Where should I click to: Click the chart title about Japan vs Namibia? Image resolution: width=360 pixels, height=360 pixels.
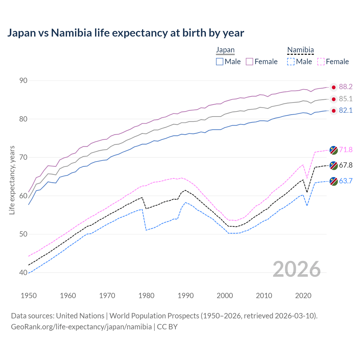tap(125, 33)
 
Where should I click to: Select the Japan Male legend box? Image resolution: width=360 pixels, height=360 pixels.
tap(220, 62)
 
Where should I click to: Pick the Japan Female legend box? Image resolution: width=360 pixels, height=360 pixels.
tap(250, 62)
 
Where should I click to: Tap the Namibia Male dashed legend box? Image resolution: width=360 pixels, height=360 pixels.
tap(291, 62)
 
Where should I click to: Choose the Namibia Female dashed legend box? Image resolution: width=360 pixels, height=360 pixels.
tap(321, 62)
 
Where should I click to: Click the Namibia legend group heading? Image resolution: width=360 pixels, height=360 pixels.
tap(300, 50)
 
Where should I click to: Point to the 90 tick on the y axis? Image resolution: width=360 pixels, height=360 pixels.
tap(23, 81)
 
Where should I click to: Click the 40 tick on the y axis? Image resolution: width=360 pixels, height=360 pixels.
tap(23, 273)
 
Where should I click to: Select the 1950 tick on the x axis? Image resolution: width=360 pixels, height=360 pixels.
tap(29, 296)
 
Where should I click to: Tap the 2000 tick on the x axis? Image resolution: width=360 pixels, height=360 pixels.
tap(225, 296)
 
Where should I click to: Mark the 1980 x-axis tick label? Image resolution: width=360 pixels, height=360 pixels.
tap(146, 296)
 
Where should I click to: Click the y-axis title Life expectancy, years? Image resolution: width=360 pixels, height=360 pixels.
tap(12, 180)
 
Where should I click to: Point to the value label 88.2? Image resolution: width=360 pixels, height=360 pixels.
tap(346, 87)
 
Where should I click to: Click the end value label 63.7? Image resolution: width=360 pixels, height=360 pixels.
tap(346, 181)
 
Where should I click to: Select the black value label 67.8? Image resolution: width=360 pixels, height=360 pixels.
tap(346, 165)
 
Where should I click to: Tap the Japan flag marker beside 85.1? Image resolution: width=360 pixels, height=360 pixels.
tap(334, 99)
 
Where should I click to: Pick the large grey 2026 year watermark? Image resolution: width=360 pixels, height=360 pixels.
tap(297, 269)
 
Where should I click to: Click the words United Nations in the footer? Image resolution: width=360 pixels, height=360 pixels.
tap(80, 316)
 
